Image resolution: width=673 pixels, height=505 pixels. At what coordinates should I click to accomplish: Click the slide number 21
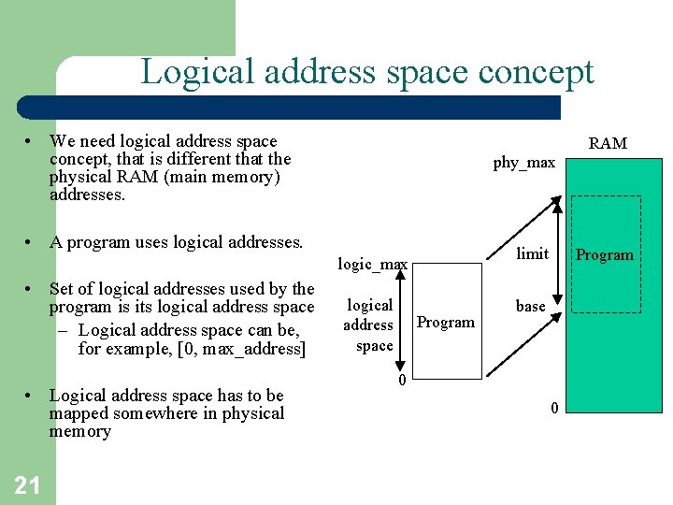27,483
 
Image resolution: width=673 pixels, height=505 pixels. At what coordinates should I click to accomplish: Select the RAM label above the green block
608,143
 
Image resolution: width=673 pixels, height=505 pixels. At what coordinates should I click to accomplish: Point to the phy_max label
523,163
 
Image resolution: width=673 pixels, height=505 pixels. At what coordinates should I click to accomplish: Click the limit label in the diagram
533,253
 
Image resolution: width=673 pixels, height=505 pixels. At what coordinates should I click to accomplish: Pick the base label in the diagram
530,306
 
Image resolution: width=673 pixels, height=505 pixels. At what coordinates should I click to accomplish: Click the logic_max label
372,265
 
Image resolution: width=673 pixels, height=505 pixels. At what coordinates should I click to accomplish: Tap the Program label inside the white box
445,322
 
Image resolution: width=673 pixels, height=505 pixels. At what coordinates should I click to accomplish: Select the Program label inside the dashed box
604,254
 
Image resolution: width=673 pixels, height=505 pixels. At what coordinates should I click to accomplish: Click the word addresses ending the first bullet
88,195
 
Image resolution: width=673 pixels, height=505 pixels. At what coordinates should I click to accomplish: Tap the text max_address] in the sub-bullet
251,349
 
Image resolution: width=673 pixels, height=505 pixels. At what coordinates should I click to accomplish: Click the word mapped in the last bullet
79,413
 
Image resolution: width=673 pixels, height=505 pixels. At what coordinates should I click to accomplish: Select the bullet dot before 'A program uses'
31,242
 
